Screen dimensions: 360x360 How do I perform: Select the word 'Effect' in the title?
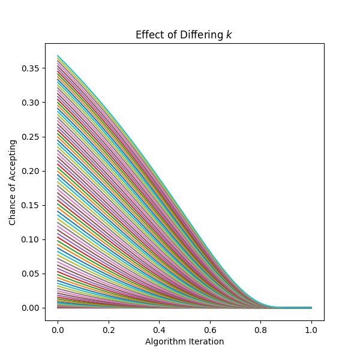point(148,35)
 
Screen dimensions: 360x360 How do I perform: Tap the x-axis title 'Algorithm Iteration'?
point(184,341)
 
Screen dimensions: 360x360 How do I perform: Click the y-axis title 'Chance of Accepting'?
point(13,182)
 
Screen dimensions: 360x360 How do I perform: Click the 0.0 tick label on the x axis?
point(58,329)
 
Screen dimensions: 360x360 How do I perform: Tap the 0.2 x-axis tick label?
point(109,329)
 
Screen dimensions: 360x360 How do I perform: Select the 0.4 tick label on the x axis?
point(159,329)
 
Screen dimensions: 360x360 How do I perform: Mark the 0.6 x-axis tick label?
point(210,329)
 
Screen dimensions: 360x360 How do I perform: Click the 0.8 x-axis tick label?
point(260,329)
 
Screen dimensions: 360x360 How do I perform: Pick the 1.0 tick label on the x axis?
point(311,329)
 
